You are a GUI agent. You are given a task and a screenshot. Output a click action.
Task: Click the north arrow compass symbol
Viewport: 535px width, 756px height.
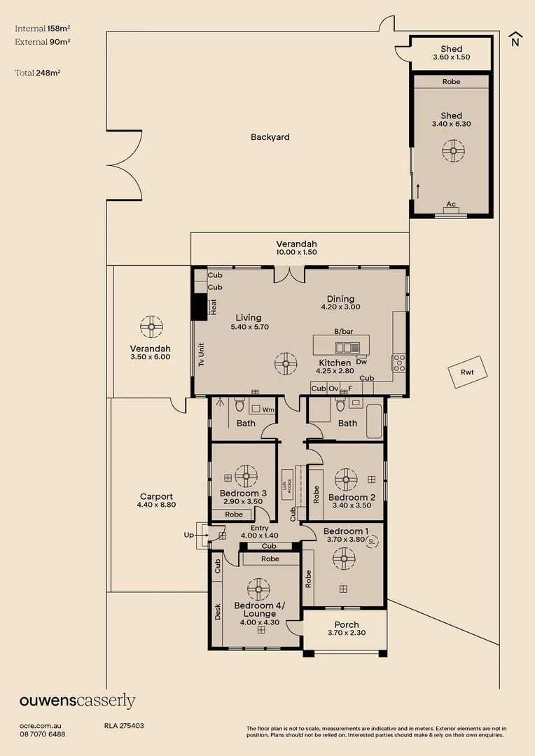pyautogui.click(x=515, y=39)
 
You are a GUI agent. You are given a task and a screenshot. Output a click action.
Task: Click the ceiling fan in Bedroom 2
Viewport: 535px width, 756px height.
pyautogui.click(x=345, y=479)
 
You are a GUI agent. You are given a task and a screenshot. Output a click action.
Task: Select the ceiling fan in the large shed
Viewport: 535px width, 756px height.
pyautogui.click(x=452, y=150)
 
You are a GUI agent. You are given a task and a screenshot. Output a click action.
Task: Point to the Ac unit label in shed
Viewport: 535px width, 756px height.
pyautogui.click(x=451, y=204)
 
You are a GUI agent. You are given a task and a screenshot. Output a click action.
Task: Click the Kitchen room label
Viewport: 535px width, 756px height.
pyautogui.click(x=335, y=363)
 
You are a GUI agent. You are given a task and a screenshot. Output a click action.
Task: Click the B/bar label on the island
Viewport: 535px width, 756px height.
pyautogui.click(x=342, y=331)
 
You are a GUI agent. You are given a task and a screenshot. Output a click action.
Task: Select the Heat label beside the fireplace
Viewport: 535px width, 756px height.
pyautogui.click(x=214, y=307)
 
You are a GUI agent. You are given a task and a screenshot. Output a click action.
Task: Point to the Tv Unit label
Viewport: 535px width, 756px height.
pyautogui.click(x=201, y=354)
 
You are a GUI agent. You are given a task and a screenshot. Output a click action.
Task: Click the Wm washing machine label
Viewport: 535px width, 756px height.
pyautogui.click(x=267, y=409)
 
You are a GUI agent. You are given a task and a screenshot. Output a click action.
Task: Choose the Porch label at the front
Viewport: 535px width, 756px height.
pyautogui.click(x=347, y=624)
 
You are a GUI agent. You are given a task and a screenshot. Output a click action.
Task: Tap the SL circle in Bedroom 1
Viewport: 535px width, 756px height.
pyautogui.click(x=372, y=541)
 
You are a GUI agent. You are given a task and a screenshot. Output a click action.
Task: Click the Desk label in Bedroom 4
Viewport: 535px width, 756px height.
pyautogui.click(x=218, y=611)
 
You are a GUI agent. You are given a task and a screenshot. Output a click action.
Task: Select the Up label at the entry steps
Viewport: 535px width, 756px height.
pyautogui.click(x=188, y=535)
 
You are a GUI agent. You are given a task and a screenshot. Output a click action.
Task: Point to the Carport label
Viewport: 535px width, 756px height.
pyautogui.click(x=155, y=496)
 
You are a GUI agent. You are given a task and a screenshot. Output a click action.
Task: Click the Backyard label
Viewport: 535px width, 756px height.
pyautogui.click(x=270, y=137)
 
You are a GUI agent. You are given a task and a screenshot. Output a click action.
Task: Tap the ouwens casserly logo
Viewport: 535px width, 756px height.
pyautogui.click(x=77, y=701)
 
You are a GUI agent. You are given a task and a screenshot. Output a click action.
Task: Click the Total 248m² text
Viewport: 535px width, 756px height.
pyautogui.click(x=37, y=73)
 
